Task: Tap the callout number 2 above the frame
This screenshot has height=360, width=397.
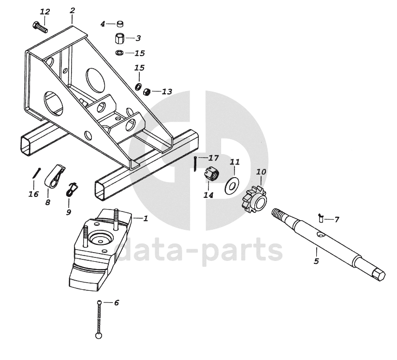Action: point(73,10)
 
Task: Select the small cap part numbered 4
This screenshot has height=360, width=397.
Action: point(119,23)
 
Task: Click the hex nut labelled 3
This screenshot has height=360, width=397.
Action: point(120,38)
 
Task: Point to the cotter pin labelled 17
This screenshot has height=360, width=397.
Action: point(194,163)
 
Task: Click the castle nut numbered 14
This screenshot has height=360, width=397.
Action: point(211,173)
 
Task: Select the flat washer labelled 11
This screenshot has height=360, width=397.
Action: point(233,184)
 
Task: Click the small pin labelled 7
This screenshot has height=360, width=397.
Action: point(321,218)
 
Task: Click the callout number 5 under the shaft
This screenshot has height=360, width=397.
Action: point(316,261)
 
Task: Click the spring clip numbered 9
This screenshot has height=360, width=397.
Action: point(72,189)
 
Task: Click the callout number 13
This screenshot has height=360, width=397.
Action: point(167,91)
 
